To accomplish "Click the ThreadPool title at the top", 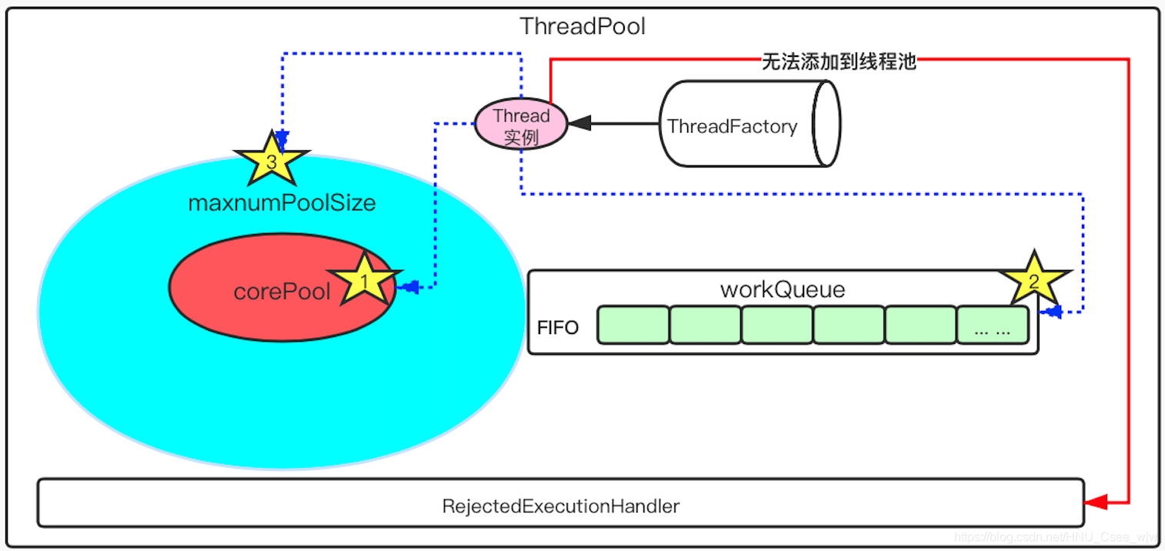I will (582, 26).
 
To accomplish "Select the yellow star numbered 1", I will (363, 280).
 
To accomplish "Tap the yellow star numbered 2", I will (1033, 280).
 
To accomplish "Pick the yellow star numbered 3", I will (271, 160).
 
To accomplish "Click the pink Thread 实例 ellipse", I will (521, 125).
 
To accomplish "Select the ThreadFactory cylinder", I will (750, 125).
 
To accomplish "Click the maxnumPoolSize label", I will (282, 203).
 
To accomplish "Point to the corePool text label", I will (282, 292).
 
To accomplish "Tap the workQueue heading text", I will (782, 289).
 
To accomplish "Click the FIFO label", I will (558, 328).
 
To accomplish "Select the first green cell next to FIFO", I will (633, 325).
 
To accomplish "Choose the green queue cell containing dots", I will (993, 325).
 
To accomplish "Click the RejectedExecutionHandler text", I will (560, 506).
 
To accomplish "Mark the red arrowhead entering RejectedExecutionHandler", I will (1095, 503).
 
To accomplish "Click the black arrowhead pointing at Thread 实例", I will (579, 123).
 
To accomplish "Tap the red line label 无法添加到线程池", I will (838, 62).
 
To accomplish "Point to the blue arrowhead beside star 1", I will (409, 287).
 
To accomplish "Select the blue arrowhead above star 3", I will (282, 139).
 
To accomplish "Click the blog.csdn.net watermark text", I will (1055, 536).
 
